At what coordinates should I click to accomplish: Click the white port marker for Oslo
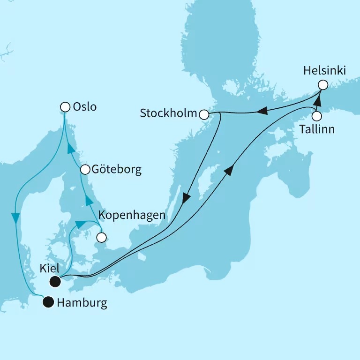coord(66,107)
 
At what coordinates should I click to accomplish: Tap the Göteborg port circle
coord(85,169)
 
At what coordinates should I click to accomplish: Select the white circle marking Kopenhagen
coord(101,238)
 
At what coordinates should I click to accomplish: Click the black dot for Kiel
coord(56,281)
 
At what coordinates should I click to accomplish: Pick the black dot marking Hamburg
coord(48,303)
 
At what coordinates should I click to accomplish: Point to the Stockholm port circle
coord(204,114)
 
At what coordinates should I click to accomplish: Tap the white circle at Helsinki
coord(322,85)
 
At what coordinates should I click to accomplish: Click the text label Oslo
coord(85,107)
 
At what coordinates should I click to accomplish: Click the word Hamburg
coord(82,303)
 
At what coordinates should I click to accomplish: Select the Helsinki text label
coord(324,71)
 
